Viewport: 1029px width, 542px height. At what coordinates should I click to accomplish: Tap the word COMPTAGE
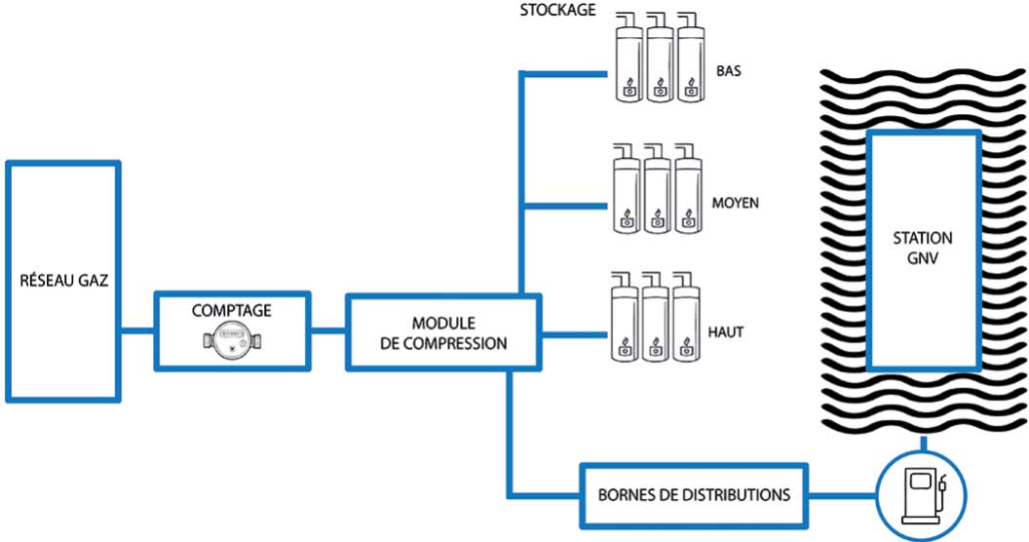(x=231, y=311)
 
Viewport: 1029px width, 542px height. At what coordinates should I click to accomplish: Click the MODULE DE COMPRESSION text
(x=444, y=332)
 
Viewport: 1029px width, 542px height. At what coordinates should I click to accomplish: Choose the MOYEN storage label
(x=736, y=204)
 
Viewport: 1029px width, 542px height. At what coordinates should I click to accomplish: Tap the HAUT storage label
(x=726, y=332)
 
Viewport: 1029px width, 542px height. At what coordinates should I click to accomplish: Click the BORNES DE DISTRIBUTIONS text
(x=694, y=494)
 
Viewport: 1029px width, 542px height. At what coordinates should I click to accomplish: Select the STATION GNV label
(x=923, y=247)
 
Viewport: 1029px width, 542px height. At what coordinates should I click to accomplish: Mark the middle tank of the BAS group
(x=662, y=63)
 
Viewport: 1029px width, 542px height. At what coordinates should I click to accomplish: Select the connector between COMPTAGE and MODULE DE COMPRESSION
(x=328, y=331)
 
